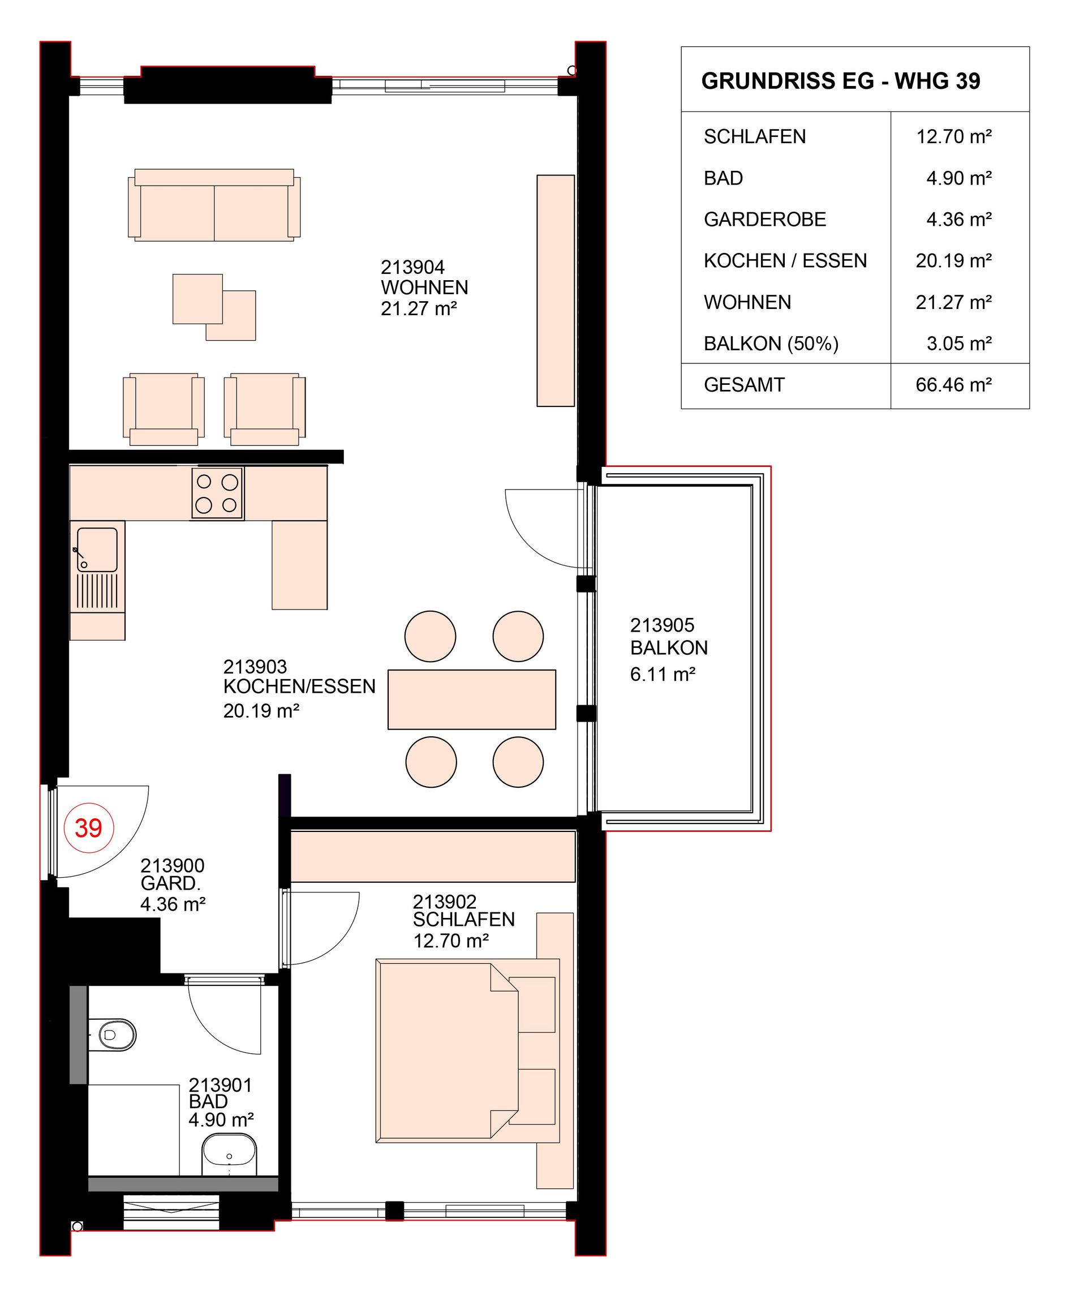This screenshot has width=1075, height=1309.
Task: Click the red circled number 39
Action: point(89,827)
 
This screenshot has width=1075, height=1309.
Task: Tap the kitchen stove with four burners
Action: point(217,493)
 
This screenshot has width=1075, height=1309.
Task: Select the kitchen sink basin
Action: point(97,550)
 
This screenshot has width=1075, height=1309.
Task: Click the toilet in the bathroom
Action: point(112,1034)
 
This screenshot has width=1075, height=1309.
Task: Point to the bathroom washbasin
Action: point(229,1155)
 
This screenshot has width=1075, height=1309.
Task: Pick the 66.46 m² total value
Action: point(953,385)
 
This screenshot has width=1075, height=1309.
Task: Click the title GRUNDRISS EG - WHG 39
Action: point(840,81)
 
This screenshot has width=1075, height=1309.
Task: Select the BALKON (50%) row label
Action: point(771,343)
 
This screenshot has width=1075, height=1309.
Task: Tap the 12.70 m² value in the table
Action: point(953,136)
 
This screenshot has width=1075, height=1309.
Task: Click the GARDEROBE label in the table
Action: point(765,220)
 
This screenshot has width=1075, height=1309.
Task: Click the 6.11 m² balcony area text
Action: point(663,674)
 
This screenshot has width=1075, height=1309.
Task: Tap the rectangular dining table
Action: point(472,699)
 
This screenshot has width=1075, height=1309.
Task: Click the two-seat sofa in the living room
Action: point(214,204)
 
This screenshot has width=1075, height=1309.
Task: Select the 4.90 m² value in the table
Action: point(958,178)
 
